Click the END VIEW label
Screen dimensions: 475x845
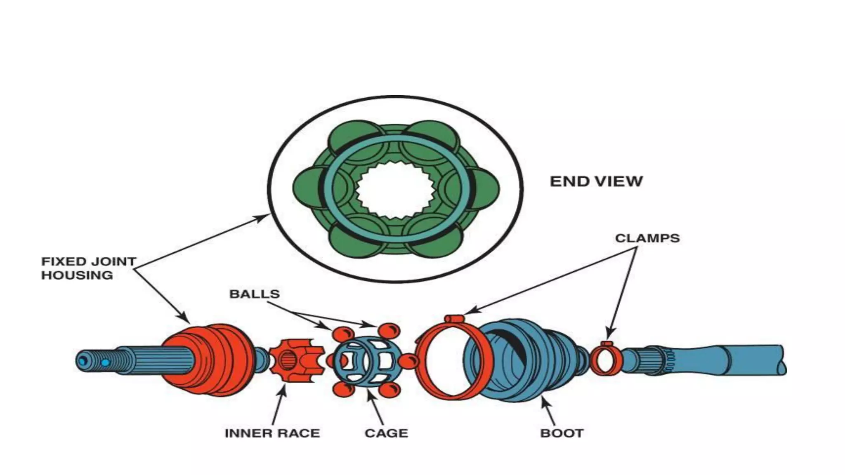click(x=596, y=181)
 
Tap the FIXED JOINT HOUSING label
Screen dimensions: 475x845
click(x=88, y=268)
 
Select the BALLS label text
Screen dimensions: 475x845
click(x=254, y=294)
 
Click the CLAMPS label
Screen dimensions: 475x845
click(x=647, y=238)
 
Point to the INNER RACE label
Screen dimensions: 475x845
click(x=272, y=433)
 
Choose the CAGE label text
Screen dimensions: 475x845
click(x=386, y=433)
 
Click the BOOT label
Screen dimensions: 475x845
click(x=562, y=433)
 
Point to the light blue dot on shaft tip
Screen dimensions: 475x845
click(x=106, y=363)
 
